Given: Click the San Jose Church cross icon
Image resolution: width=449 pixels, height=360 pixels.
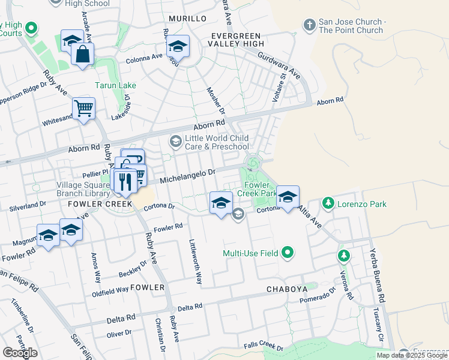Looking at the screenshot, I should (x=309, y=25).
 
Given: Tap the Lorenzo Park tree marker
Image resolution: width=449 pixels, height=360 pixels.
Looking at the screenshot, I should (x=328, y=204).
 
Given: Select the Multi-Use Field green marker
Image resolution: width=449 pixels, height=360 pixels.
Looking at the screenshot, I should (x=288, y=253).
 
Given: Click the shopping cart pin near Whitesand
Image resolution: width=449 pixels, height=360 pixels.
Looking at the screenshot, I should (x=83, y=109).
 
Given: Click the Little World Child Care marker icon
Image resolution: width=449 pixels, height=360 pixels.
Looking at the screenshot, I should (x=176, y=142).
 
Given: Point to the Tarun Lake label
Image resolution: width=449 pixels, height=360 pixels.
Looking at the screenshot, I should (x=115, y=85).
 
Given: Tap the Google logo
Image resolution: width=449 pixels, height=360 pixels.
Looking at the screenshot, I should (x=20, y=353).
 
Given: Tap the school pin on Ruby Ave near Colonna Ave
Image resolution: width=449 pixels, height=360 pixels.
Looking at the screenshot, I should (x=178, y=46).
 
